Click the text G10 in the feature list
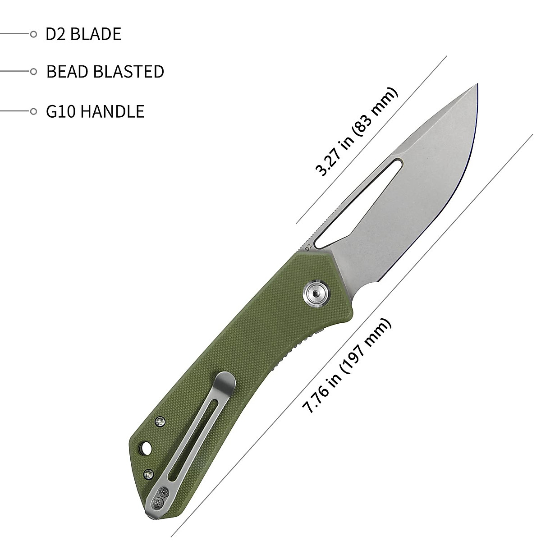[61, 111]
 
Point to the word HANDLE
[112, 111]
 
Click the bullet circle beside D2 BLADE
[33, 34]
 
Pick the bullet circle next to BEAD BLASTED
[33, 72]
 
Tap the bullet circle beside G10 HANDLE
[33, 111]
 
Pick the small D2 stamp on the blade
[308, 248]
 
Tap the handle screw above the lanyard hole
[160, 422]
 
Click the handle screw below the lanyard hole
[148, 473]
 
